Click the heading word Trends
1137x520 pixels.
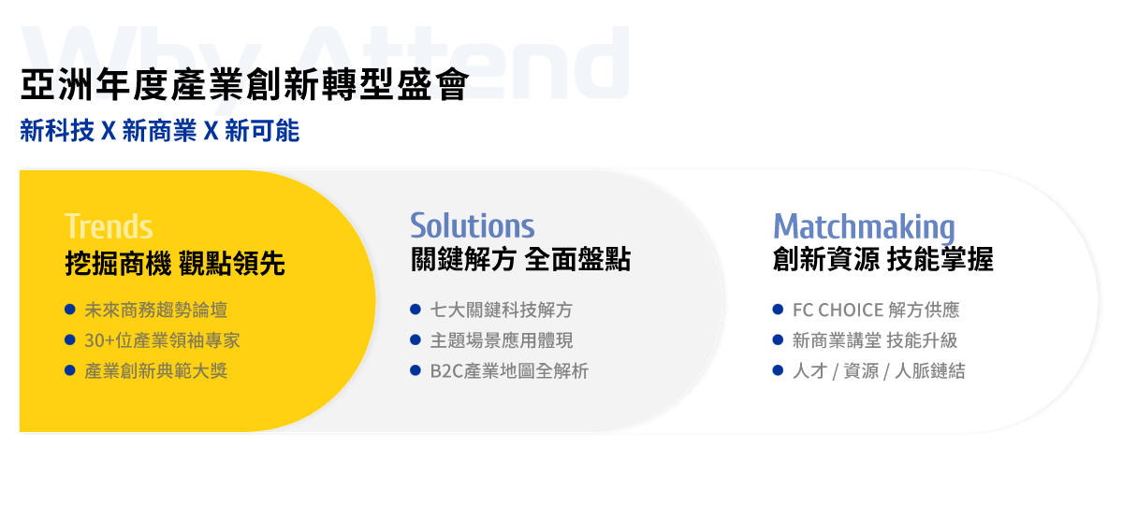(x=109, y=226)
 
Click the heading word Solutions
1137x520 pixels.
(x=472, y=225)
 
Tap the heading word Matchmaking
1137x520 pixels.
(x=864, y=228)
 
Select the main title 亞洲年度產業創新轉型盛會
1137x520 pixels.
(x=244, y=85)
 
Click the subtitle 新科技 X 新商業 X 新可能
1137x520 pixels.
(x=159, y=131)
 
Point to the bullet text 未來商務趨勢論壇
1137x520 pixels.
(x=156, y=310)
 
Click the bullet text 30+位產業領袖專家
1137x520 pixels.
(x=162, y=339)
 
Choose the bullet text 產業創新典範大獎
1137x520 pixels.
(x=156, y=371)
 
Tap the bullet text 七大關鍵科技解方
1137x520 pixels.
(x=501, y=310)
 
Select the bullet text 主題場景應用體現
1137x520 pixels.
(x=501, y=339)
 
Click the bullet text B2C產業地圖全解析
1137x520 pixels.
(x=509, y=371)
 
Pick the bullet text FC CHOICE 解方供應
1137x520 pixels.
(x=876, y=310)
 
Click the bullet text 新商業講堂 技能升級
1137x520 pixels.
(x=875, y=339)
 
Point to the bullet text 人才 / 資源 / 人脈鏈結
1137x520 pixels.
(x=879, y=371)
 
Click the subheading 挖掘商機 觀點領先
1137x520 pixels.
(x=175, y=264)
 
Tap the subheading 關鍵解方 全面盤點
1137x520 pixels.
(x=520, y=259)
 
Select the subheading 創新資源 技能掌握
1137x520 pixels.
(x=883, y=259)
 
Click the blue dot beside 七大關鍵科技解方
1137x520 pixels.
(x=415, y=309)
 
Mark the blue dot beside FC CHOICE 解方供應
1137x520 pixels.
(x=778, y=309)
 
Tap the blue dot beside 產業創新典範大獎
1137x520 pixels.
(x=70, y=370)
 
